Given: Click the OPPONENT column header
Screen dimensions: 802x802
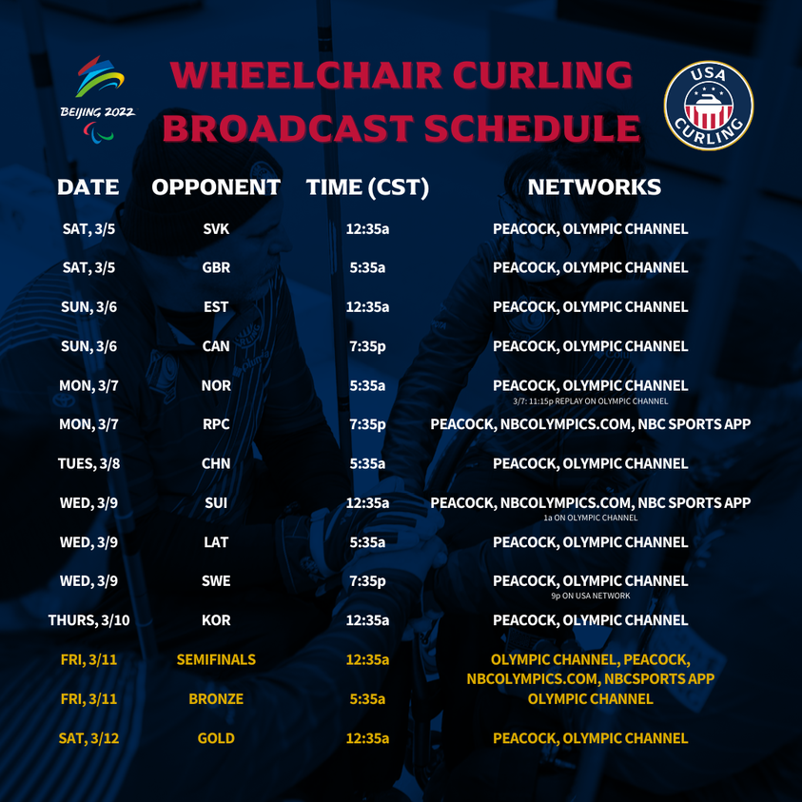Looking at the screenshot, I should [216, 187].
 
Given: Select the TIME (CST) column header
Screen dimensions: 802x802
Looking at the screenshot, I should [367, 187].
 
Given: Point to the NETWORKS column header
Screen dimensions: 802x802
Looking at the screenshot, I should [594, 187].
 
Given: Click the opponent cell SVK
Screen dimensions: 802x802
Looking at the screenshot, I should [216, 229].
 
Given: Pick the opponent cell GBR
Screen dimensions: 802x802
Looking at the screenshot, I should [216, 268].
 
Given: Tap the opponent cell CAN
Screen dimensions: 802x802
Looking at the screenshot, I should [216, 346].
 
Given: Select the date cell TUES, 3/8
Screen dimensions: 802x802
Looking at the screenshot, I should [88, 464].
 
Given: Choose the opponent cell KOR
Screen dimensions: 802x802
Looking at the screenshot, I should [216, 620].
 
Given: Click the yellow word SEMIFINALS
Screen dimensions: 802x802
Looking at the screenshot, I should [216, 659].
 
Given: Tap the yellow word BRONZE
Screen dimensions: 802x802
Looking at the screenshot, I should [216, 699].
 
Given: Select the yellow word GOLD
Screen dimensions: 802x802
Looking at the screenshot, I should [216, 738].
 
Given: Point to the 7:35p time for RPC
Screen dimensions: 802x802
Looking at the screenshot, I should [367, 424].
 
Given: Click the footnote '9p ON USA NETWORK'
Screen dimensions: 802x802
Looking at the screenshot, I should [590, 597].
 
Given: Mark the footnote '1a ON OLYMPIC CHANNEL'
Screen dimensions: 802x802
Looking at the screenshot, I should [590, 518].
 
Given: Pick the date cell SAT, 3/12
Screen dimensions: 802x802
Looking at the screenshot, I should [88, 738].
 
